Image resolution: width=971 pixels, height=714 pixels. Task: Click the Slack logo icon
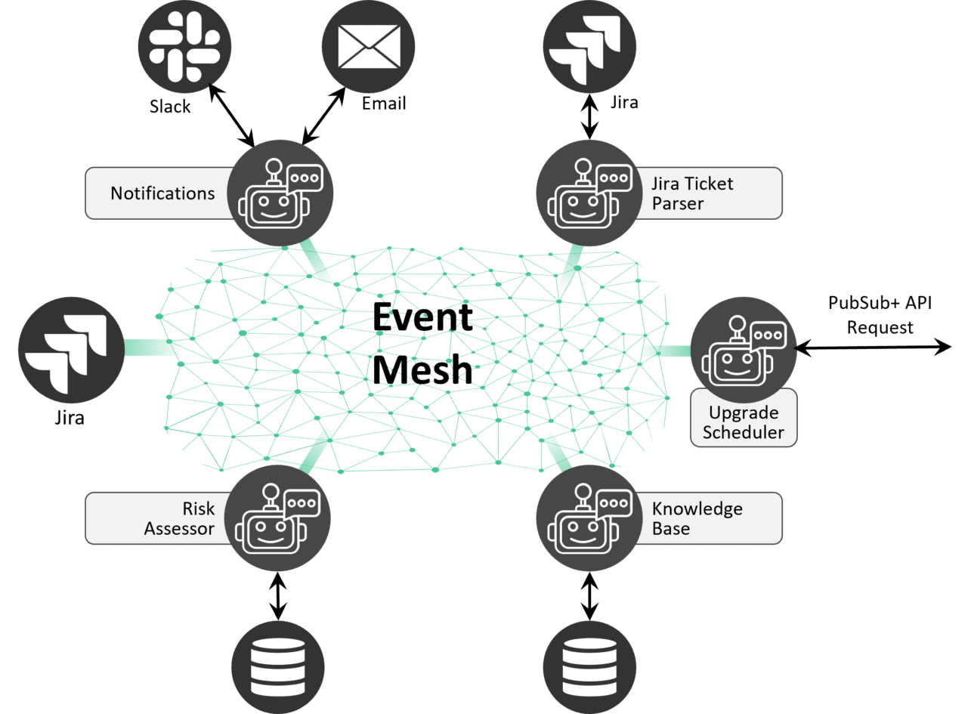click(185, 50)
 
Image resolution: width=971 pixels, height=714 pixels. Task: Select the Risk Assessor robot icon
click(278, 517)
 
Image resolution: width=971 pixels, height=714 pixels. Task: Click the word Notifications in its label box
click(162, 193)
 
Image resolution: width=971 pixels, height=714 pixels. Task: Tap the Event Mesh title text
click(423, 344)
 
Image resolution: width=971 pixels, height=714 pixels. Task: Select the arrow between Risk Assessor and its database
click(278, 596)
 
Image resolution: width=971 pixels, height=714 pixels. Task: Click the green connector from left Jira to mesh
click(151, 347)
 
